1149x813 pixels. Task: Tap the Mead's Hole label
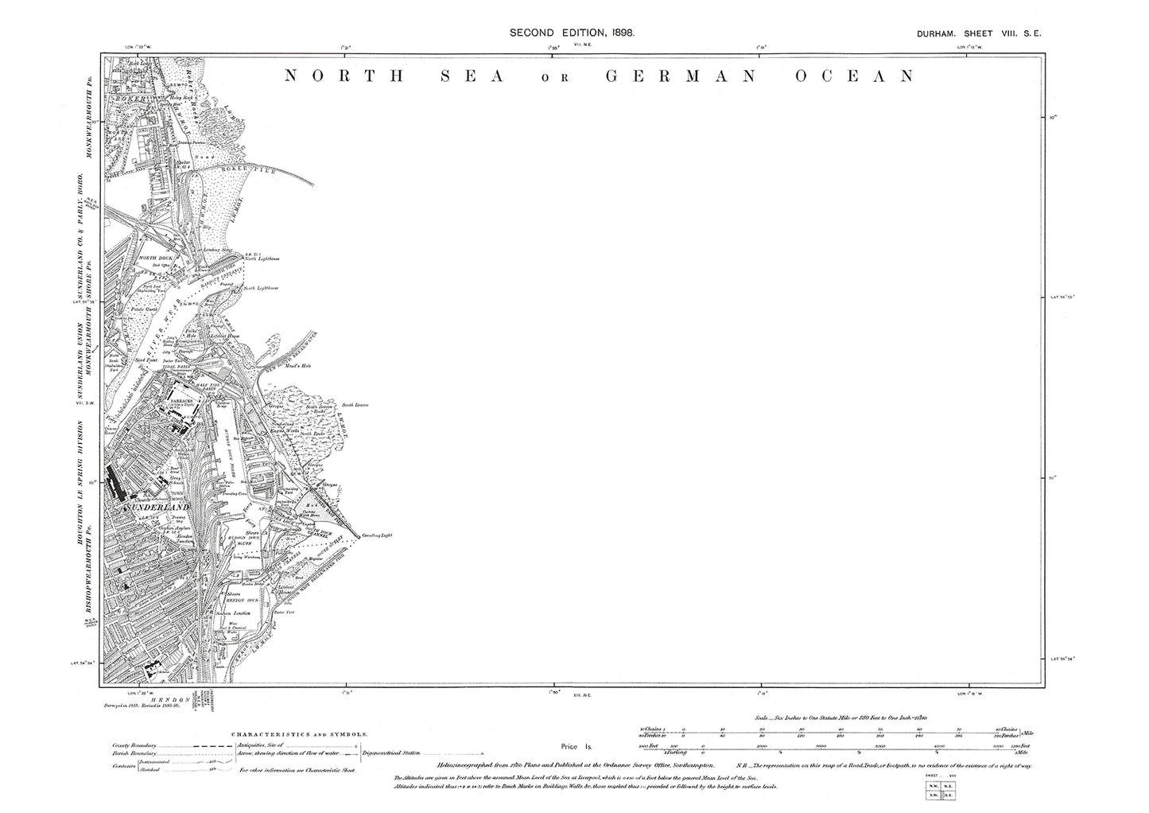(300, 366)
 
